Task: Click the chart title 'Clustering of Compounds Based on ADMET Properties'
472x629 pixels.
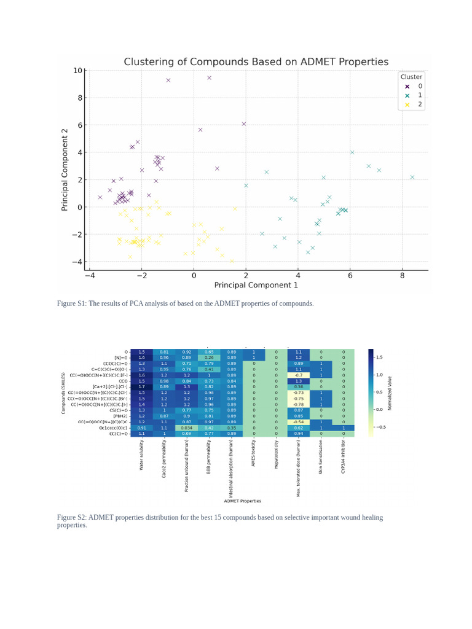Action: click(256, 62)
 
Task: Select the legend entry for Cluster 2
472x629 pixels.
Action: click(412, 104)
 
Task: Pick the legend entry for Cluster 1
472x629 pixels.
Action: click(412, 95)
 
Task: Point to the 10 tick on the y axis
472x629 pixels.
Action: click(78, 71)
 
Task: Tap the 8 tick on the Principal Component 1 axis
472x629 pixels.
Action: click(402, 276)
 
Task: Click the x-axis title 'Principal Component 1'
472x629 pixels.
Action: click(256, 285)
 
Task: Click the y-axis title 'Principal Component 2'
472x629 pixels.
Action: click(65, 170)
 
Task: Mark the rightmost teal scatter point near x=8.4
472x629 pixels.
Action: click(412, 177)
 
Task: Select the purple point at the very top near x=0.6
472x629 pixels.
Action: click(209, 78)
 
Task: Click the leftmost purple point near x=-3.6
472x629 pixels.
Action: click(100, 197)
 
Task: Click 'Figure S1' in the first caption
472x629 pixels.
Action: click(72, 303)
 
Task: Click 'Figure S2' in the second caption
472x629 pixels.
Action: click(72, 517)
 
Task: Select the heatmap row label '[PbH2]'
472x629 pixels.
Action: click(121, 416)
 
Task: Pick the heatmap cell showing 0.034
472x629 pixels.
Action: click(187, 428)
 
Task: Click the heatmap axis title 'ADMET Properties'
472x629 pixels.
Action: click(242, 501)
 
